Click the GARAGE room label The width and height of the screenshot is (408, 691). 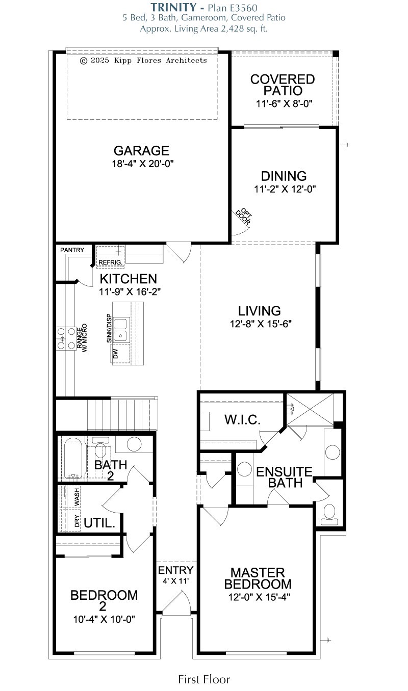141,151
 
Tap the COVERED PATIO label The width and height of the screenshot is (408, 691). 283,85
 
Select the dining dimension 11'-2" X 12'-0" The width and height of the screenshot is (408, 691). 284,189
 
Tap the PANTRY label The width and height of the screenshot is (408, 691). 72,250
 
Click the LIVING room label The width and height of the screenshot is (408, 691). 260,311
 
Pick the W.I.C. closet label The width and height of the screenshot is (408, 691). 243,420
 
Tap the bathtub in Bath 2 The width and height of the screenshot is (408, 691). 74,459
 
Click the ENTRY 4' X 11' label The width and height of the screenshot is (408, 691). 175,574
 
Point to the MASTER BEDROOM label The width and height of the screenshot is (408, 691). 258,578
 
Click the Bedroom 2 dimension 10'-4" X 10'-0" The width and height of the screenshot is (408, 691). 104,619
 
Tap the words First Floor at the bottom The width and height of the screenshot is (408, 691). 204,679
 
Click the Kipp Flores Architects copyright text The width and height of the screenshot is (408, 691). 144,60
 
